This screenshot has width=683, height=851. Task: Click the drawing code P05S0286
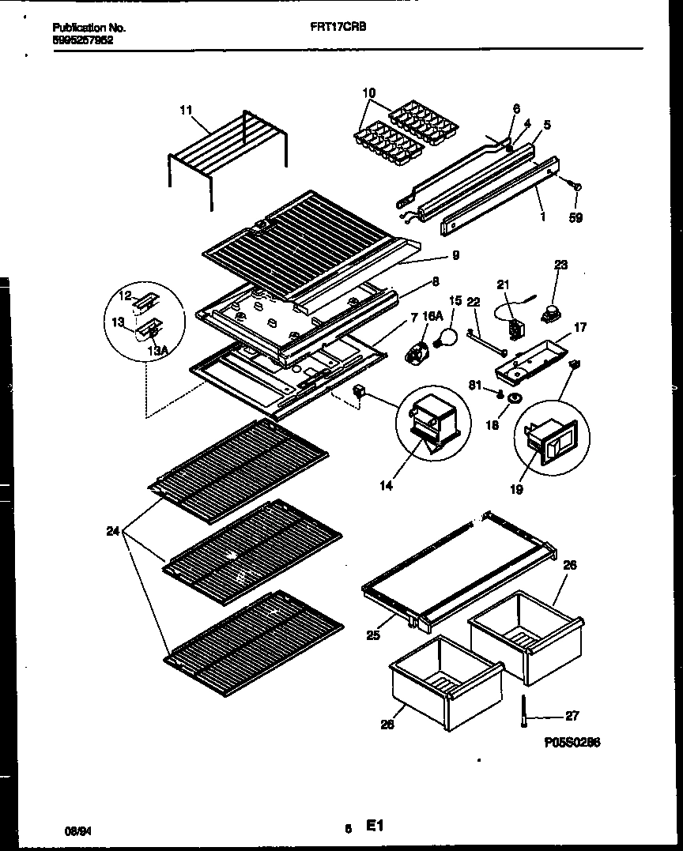click(x=572, y=744)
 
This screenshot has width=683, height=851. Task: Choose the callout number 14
click(x=386, y=487)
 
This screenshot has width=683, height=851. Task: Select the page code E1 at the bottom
click(x=374, y=827)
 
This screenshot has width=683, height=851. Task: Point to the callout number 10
click(x=369, y=92)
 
